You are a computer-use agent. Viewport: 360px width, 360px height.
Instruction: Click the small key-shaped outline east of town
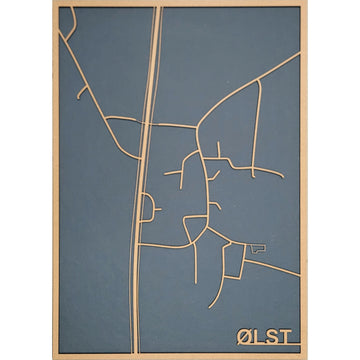[258, 247]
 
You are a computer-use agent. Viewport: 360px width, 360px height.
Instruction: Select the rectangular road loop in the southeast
[232, 262]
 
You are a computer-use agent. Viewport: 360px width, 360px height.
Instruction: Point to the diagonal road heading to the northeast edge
[250, 85]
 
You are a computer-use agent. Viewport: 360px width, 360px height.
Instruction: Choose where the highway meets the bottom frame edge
[133, 352]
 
